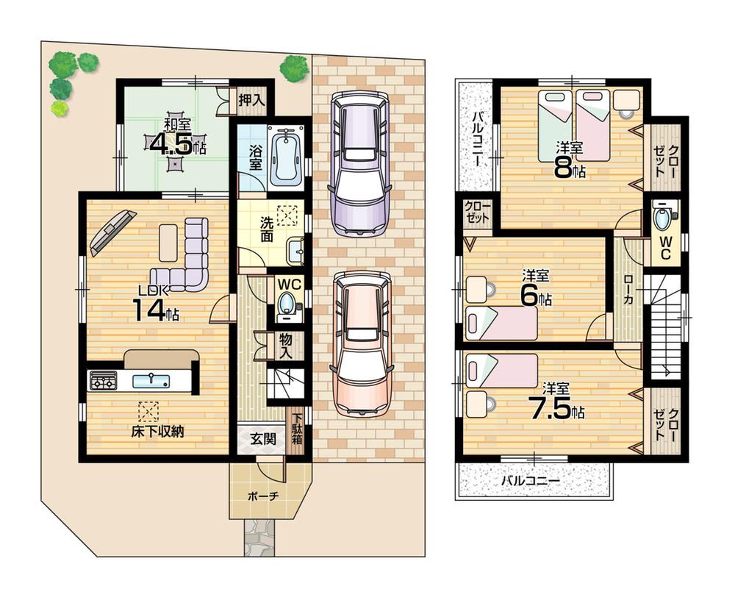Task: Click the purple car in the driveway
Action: [359, 163]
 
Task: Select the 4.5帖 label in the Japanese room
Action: [176, 143]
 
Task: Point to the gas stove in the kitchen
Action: [103, 380]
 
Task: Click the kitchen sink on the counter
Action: [151, 380]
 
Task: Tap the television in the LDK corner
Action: [112, 230]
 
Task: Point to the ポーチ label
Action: [264, 496]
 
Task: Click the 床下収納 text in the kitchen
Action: [157, 432]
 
